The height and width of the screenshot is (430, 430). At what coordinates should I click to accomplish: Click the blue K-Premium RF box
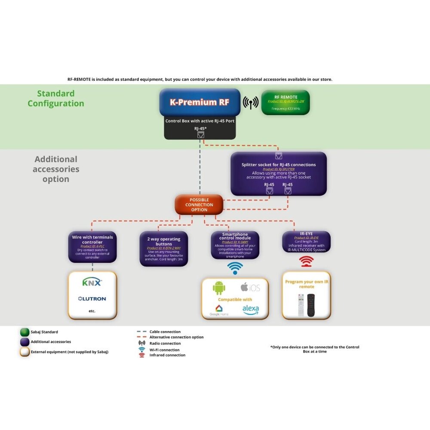click(x=200, y=102)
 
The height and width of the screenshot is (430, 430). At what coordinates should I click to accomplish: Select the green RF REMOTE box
click(x=286, y=103)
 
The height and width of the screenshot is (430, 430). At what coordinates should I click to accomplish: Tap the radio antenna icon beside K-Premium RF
click(x=251, y=102)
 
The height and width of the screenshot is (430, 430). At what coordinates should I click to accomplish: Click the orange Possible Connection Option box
click(x=199, y=205)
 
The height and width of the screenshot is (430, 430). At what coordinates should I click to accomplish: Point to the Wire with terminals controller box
click(x=92, y=247)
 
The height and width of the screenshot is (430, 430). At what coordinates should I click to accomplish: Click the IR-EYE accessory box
click(x=306, y=242)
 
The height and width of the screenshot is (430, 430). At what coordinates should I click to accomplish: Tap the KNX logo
click(x=92, y=282)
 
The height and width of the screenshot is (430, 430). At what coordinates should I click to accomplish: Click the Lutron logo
click(x=92, y=298)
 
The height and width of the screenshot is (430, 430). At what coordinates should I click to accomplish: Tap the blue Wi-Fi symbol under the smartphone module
click(x=235, y=268)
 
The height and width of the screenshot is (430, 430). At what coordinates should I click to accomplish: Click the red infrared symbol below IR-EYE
click(x=306, y=261)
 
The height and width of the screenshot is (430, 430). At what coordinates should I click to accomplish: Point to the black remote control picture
click(x=311, y=305)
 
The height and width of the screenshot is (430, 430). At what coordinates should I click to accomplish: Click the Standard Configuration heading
click(x=56, y=98)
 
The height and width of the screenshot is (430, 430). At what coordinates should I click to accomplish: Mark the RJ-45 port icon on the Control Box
click(x=200, y=135)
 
